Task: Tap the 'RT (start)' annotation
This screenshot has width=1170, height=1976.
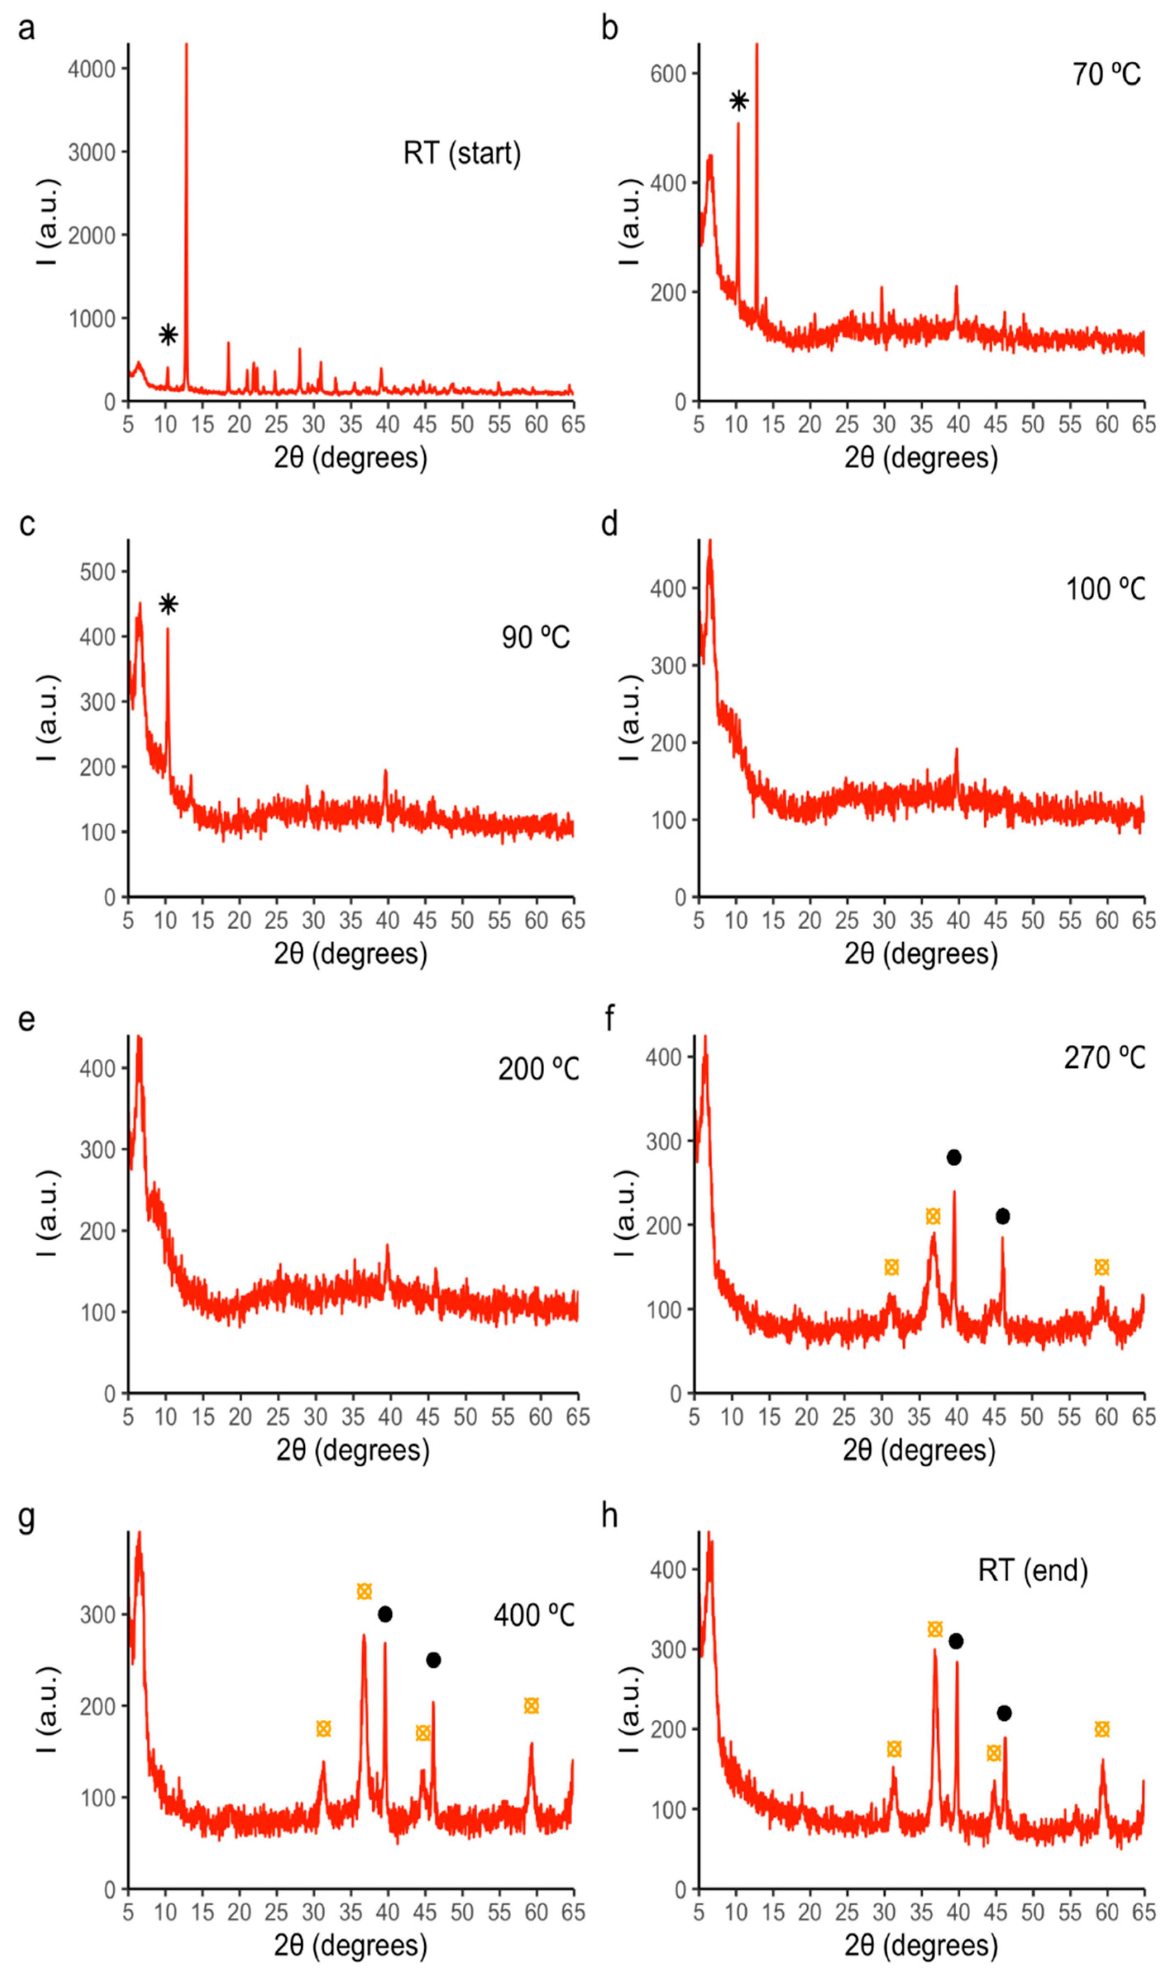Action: [x=462, y=153]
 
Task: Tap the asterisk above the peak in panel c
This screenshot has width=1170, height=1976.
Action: [x=168, y=604]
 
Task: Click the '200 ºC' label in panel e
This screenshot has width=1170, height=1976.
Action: [x=538, y=1070]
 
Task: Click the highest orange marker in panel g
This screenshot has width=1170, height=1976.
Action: [x=364, y=1591]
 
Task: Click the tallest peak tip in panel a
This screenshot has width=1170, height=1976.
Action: [x=187, y=46]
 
